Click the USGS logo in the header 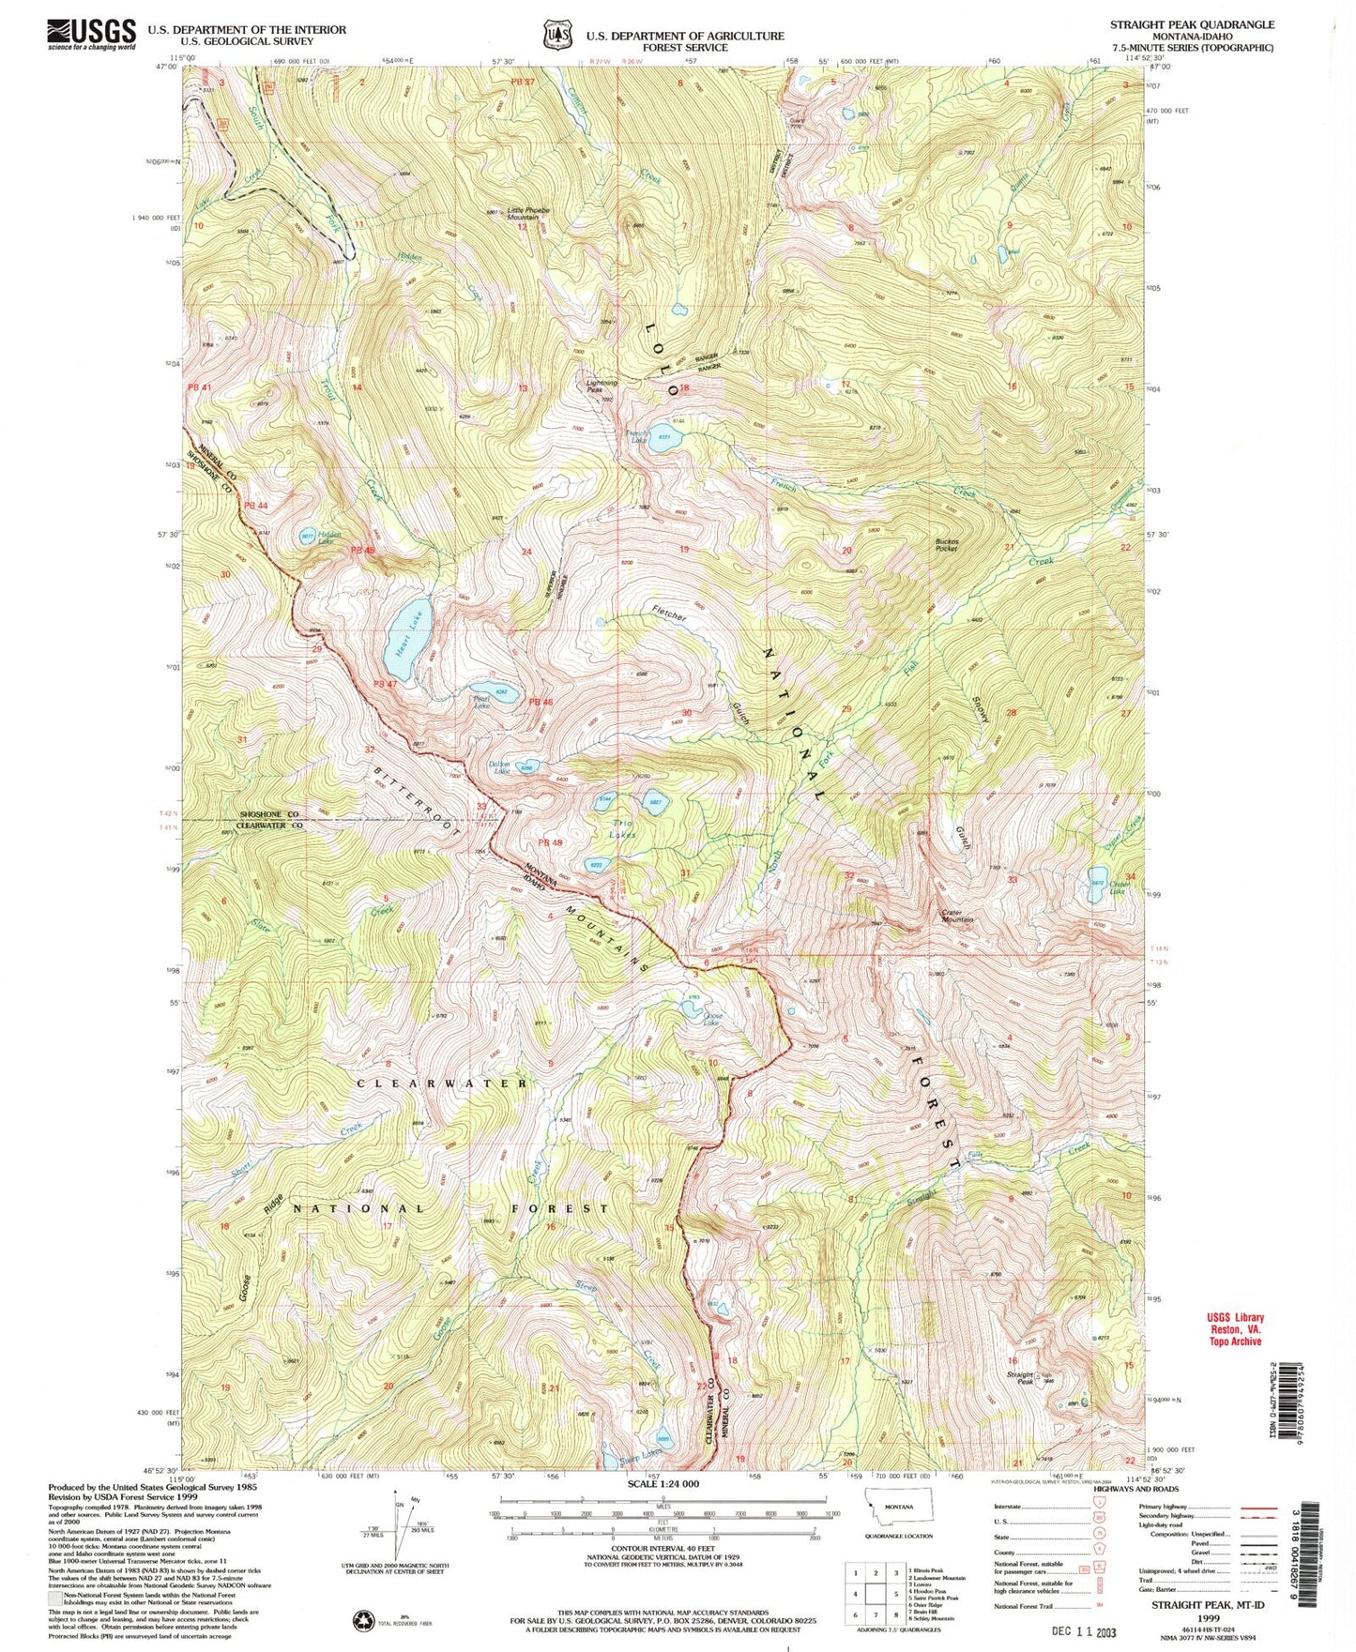tap(91, 34)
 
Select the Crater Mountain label tap(958, 916)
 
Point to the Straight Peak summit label tap(1020, 1378)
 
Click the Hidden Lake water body tap(307, 537)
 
